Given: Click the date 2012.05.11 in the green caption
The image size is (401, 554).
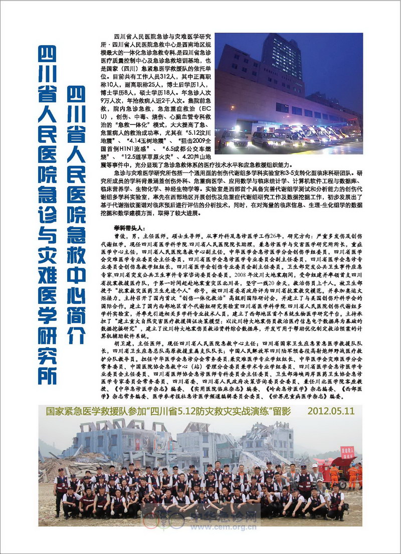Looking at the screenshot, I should pyautogui.click(x=331, y=411).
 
